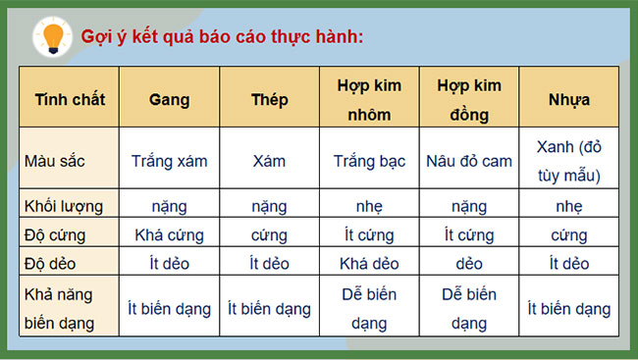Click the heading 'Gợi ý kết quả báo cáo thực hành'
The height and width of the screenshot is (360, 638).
(x=223, y=37)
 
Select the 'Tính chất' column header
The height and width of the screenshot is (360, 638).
(x=70, y=99)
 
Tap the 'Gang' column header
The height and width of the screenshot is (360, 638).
(x=169, y=99)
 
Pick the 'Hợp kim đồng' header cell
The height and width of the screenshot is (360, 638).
(x=468, y=99)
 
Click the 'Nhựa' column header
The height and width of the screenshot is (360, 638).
(x=568, y=99)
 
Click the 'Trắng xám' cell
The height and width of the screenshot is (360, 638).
(x=169, y=161)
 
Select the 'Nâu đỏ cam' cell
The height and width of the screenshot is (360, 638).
(x=468, y=161)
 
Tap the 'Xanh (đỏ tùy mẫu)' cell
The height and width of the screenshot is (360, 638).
(x=568, y=161)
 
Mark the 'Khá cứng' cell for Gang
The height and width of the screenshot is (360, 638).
(x=169, y=235)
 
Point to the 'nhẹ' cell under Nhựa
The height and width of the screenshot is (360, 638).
(x=568, y=206)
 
